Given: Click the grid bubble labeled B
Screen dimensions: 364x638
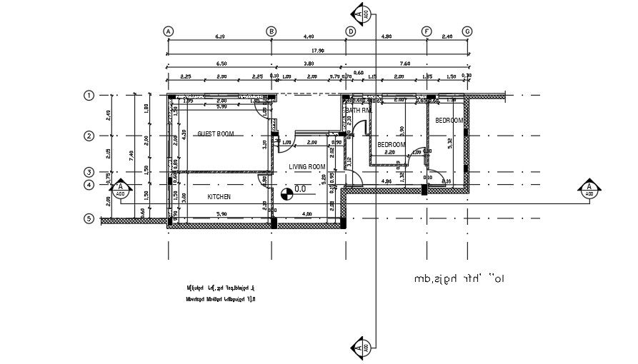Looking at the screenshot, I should pos(271,31).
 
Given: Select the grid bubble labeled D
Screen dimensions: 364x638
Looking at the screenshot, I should pos(350,31).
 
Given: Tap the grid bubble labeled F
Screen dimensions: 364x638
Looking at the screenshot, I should pos(427,31).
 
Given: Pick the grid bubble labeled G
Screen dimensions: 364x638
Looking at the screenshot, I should pos(467,31).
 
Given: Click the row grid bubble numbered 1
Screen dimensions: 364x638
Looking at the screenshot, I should pos(89,95).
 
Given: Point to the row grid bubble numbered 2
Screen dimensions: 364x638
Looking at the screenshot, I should pos(89,136).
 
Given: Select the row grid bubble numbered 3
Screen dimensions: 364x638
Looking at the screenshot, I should pos(89,172).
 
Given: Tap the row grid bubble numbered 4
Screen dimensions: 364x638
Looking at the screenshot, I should pos(89,186).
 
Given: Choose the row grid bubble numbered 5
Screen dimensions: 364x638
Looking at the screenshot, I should pos(89,218).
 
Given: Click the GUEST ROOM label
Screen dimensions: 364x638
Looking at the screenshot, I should pos(216,133).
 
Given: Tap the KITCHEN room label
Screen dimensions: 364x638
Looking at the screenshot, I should pos(219,196).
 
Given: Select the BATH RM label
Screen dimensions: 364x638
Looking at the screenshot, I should pos(359,111).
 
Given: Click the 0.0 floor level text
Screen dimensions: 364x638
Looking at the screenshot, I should pos(300,190).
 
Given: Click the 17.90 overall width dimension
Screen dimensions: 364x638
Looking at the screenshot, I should pos(317,50).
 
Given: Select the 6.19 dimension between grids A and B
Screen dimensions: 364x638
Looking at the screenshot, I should pos(220,36).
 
